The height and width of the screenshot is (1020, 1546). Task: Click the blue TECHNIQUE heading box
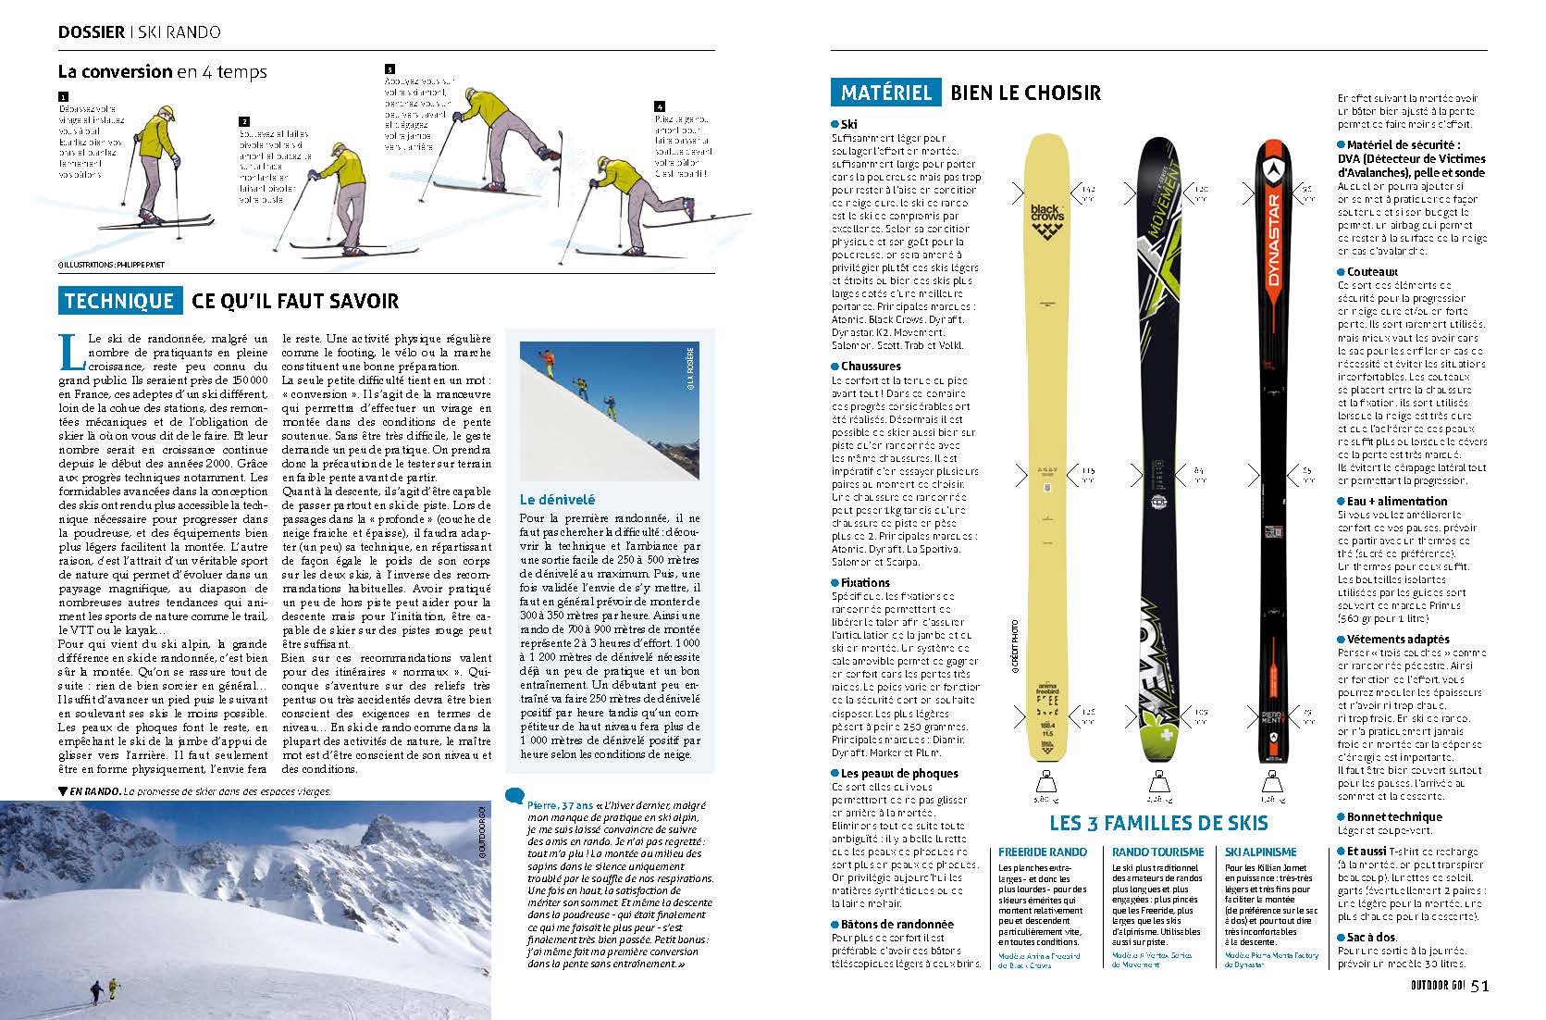click(119, 301)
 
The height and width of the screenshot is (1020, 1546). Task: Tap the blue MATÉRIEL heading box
click(885, 93)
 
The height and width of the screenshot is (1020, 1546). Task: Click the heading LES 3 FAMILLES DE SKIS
click(1159, 823)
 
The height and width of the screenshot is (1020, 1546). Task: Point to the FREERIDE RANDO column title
click(1044, 852)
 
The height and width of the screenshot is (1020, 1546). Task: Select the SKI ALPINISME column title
click(1260, 852)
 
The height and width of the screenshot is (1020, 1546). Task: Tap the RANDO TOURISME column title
click(1157, 852)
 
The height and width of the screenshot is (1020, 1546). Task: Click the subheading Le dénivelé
click(557, 500)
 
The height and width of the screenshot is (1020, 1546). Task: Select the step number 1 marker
click(63, 96)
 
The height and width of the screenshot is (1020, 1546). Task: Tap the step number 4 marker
click(660, 106)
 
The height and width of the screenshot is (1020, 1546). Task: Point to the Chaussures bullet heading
click(871, 367)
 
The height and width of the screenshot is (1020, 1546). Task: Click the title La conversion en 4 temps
click(162, 71)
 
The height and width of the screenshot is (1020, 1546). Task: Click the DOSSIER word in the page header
click(91, 31)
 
